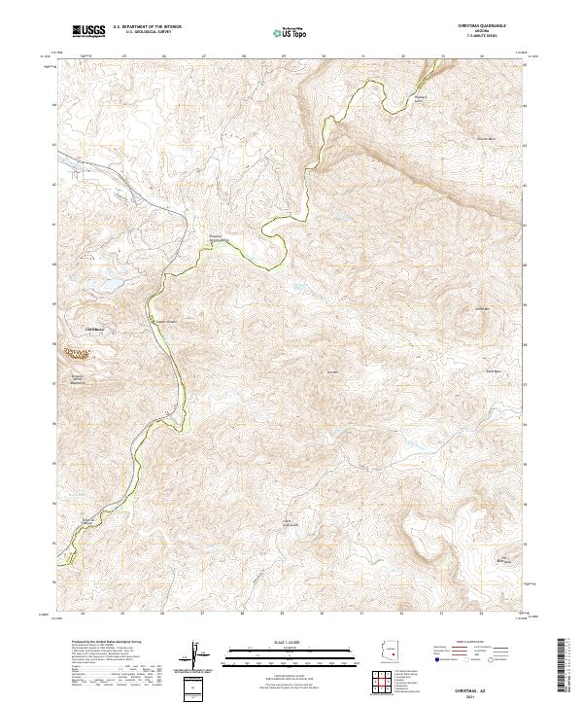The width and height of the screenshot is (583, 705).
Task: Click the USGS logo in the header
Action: click(89, 32)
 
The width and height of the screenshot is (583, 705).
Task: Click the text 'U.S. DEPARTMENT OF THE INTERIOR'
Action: click(147, 27)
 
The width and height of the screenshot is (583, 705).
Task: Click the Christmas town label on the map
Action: click(93, 330)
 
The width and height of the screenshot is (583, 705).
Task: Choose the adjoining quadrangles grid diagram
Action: click(388, 684)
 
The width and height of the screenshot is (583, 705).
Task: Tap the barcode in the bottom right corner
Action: click(565, 666)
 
